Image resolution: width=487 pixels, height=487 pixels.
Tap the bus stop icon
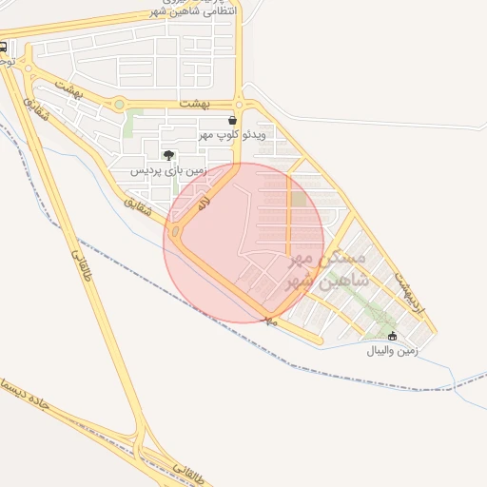[5, 46]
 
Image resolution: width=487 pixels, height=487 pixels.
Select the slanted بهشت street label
[70, 88]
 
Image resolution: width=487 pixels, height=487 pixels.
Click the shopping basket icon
[233, 121]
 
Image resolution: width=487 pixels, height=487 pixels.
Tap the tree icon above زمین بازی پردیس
[168, 155]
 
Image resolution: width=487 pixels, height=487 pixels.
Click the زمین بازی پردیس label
[168, 170]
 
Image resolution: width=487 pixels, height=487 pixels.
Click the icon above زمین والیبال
[393, 335]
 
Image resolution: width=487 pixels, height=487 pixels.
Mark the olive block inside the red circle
[299, 200]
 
